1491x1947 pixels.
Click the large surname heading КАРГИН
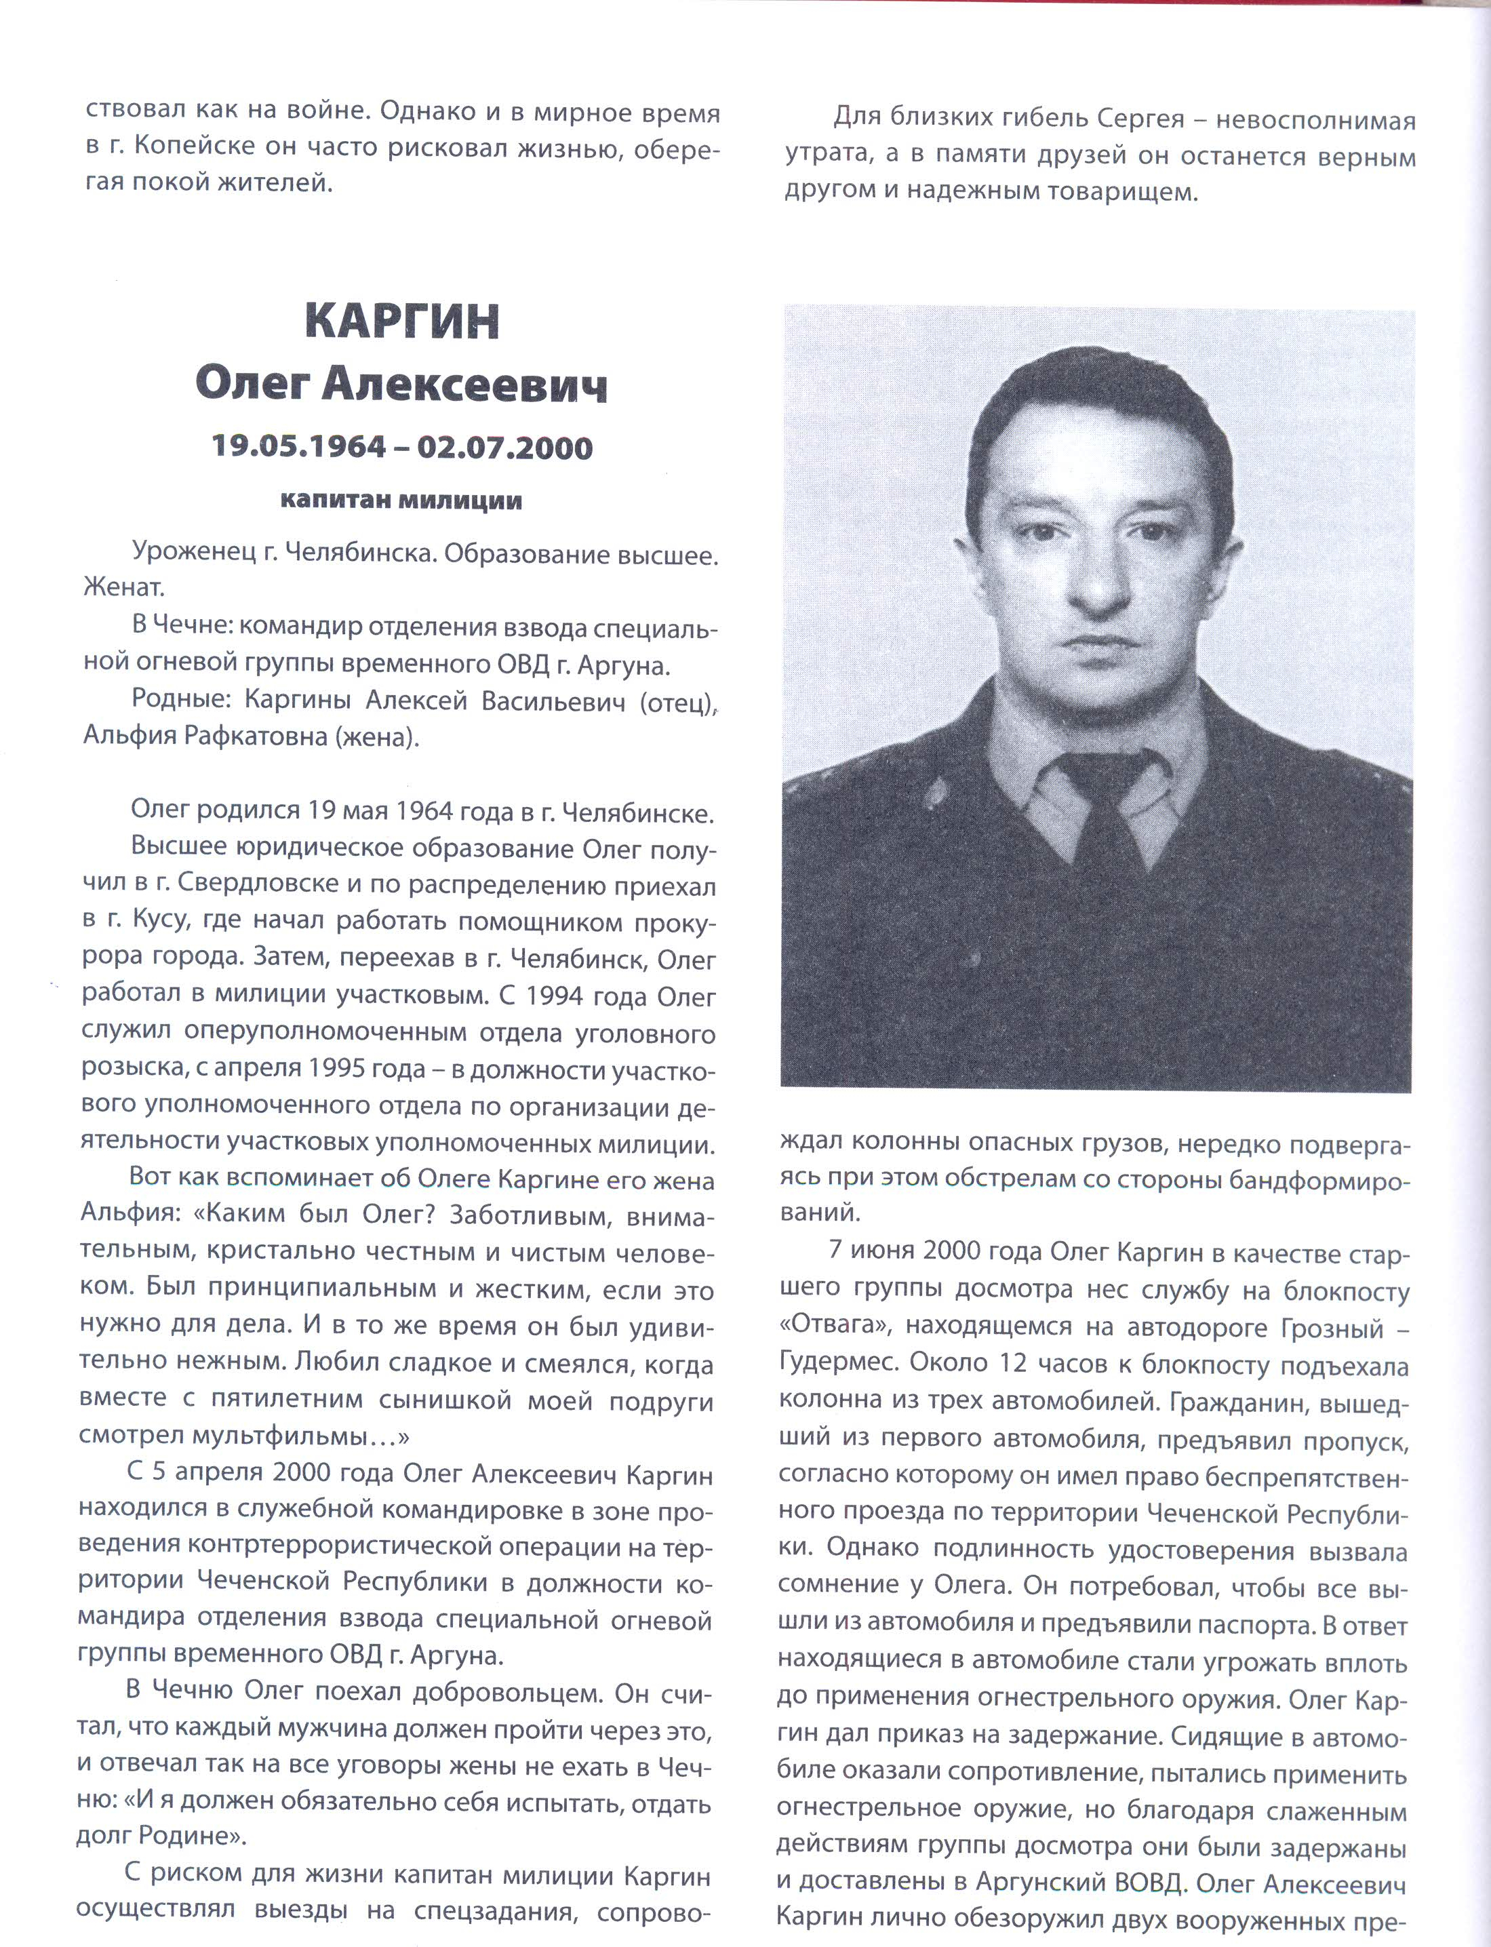point(402,322)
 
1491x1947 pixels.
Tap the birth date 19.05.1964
point(299,446)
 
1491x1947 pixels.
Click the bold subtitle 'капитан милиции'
point(401,501)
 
